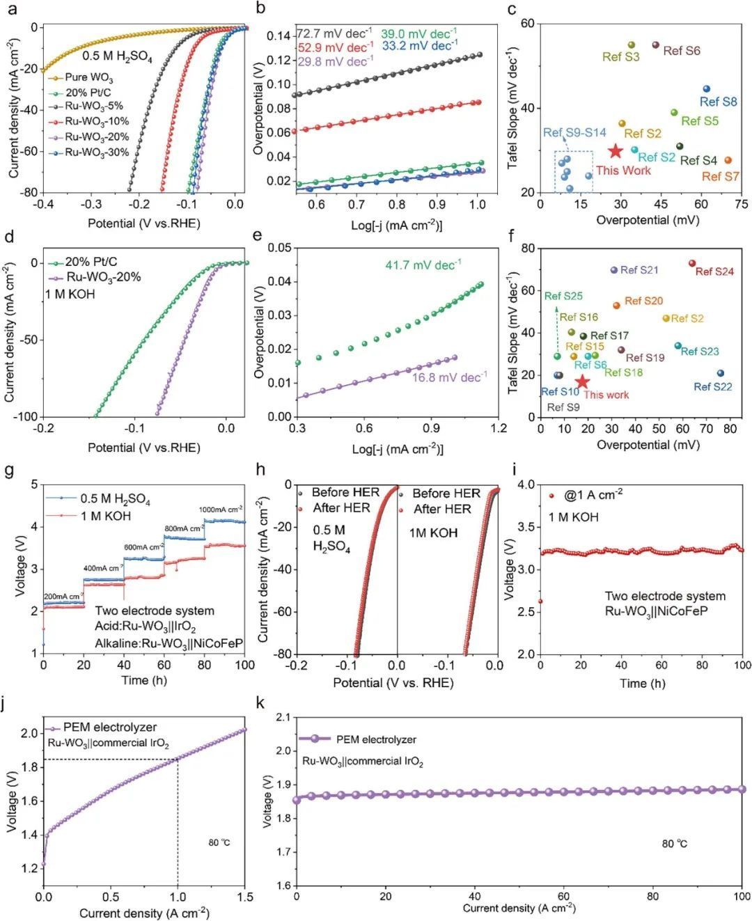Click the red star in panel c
coord(615,151)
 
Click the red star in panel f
coord(582,381)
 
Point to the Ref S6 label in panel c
coord(681,51)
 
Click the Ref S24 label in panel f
coord(714,271)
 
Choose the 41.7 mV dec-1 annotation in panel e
coord(423,265)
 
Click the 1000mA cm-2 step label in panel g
coord(221,509)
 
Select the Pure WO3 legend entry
coord(88,77)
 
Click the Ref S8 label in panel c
coord(718,102)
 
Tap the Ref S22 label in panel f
coord(712,386)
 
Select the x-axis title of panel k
coord(519,908)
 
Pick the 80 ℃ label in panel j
coord(219,843)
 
